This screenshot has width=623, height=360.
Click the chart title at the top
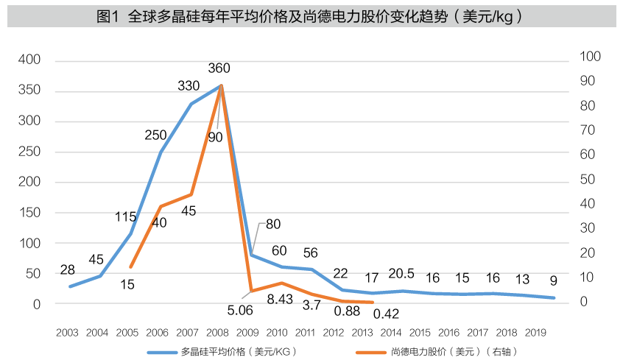click(311, 15)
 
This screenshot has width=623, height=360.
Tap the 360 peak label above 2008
click(219, 68)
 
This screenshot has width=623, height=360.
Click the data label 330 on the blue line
click(189, 86)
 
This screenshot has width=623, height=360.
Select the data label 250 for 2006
click(155, 135)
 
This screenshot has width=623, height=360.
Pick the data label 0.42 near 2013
click(386, 313)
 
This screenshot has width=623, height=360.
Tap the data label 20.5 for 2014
click(402, 274)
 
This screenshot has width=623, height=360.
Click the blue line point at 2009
click(252, 255)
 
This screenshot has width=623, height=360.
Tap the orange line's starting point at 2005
click(130, 267)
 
